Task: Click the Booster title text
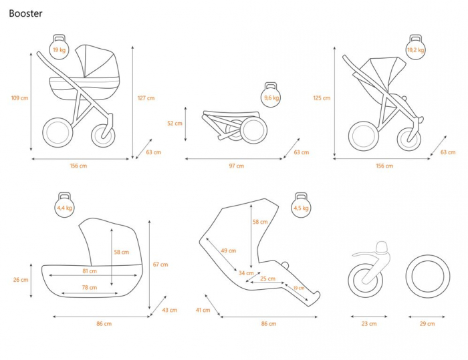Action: point(25,13)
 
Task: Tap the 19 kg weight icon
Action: point(59,47)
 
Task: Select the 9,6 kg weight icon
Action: point(271,95)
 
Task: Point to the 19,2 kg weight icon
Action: point(415,47)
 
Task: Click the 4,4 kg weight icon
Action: point(64,205)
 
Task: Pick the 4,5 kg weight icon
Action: point(301,205)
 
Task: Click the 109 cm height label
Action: point(19,98)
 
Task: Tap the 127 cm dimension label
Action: point(146,98)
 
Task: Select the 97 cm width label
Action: point(237,166)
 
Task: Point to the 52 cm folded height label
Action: point(174,123)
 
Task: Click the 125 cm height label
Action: point(322,98)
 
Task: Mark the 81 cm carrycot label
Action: point(90,271)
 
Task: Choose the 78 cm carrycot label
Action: point(90,287)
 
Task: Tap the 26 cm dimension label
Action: point(21,280)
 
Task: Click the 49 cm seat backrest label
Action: point(229,250)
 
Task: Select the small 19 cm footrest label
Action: point(299,288)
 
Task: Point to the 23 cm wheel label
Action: point(369,324)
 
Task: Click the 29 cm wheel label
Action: point(427,324)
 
